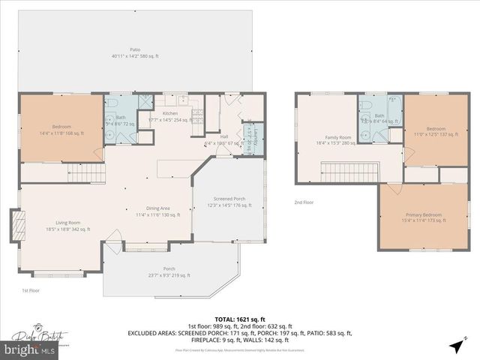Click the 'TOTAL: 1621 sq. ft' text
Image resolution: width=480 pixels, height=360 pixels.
(x=240, y=319)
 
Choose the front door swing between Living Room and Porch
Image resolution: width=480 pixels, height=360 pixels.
(x=112, y=242)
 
